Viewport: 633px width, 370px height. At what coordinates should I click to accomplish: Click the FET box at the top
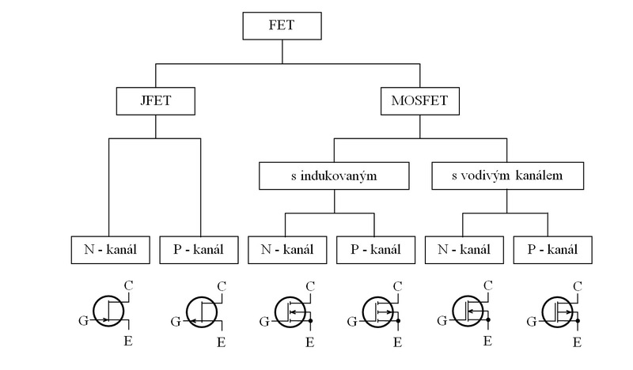click(x=282, y=25)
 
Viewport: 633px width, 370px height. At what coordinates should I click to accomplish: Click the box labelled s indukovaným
click(x=333, y=176)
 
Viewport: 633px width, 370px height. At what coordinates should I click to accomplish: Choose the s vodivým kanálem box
click(x=508, y=176)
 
